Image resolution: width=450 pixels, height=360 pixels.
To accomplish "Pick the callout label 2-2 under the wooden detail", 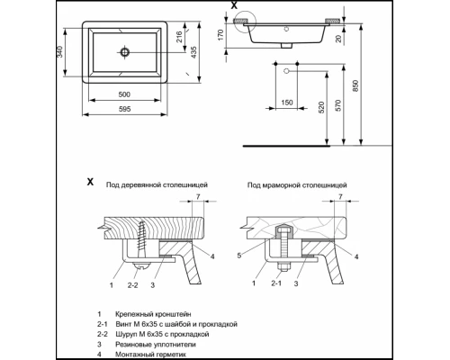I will point(134,284).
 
